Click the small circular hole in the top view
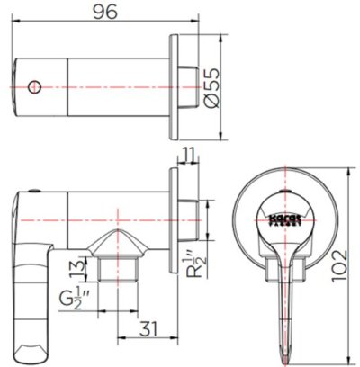click(x=35, y=86)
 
